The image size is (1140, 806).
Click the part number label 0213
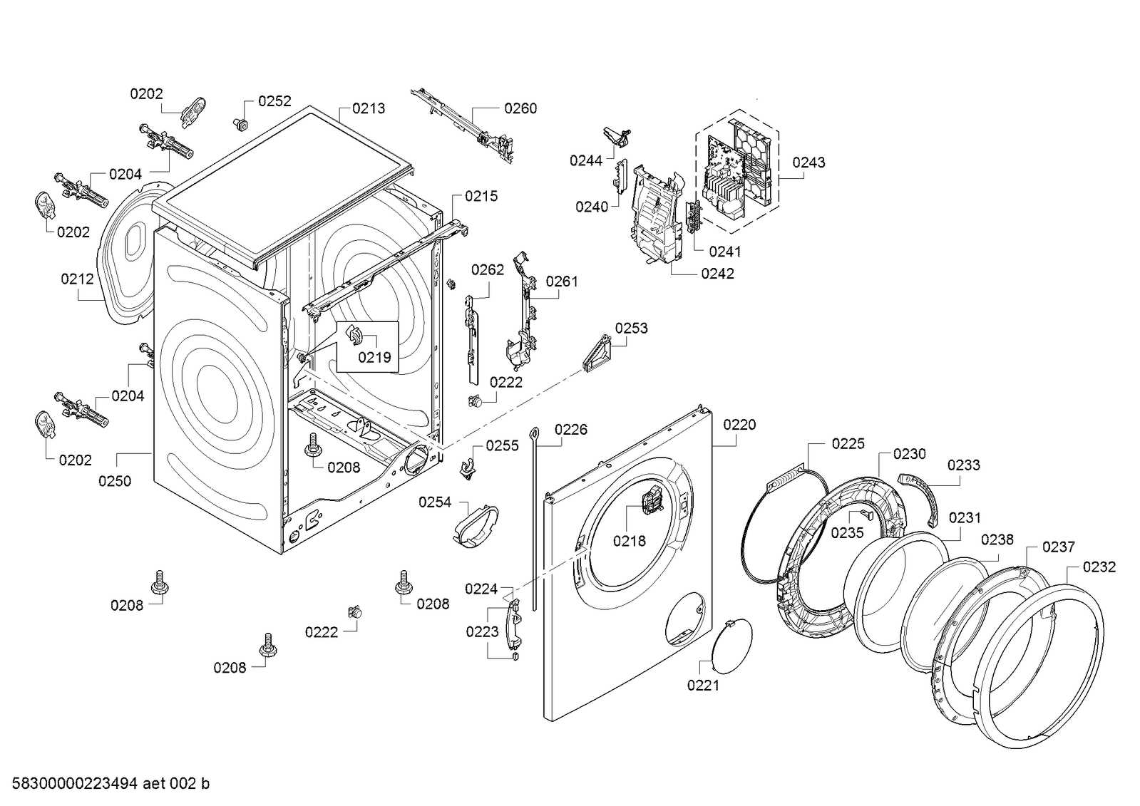point(368,108)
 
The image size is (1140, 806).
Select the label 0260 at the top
point(520,108)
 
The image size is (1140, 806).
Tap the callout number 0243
point(808,162)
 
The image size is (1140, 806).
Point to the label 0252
point(274,101)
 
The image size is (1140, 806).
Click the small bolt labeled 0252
point(240,125)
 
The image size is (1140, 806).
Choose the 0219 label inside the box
point(374,357)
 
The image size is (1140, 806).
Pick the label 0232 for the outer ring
point(1099,567)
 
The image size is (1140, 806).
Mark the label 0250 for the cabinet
point(115,481)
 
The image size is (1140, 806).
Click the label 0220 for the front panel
point(739,425)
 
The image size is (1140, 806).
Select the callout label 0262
point(487,269)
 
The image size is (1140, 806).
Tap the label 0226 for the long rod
point(570,429)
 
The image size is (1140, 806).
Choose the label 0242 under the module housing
point(717,274)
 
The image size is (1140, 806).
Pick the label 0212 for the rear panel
point(77,279)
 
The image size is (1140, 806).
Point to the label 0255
point(502,446)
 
